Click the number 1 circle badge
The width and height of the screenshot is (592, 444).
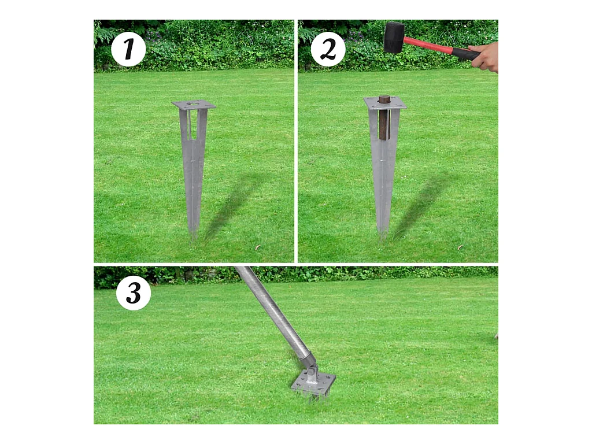pyautogui.click(x=128, y=50)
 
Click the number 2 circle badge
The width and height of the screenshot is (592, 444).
pyautogui.click(x=328, y=50)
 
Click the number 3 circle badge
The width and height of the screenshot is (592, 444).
pyautogui.click(x=134, y=293)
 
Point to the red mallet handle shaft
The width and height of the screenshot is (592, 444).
pyautogui.click(x=428, y=45)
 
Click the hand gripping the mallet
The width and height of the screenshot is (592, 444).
pyautogui.click(x=485, y=57)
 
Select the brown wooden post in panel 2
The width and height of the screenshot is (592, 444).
pyautogui.click(x=384, y=117)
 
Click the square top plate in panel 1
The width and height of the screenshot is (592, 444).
pyautogui.click(x=194, y=105)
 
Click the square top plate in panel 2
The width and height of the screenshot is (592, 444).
pyautogui.click(x=385, y=103)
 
